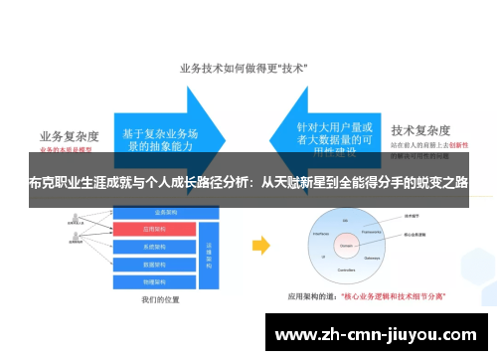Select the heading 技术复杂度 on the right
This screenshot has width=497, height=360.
click(x=423, y=129)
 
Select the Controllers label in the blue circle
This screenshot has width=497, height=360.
click(x=347, y=269)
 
